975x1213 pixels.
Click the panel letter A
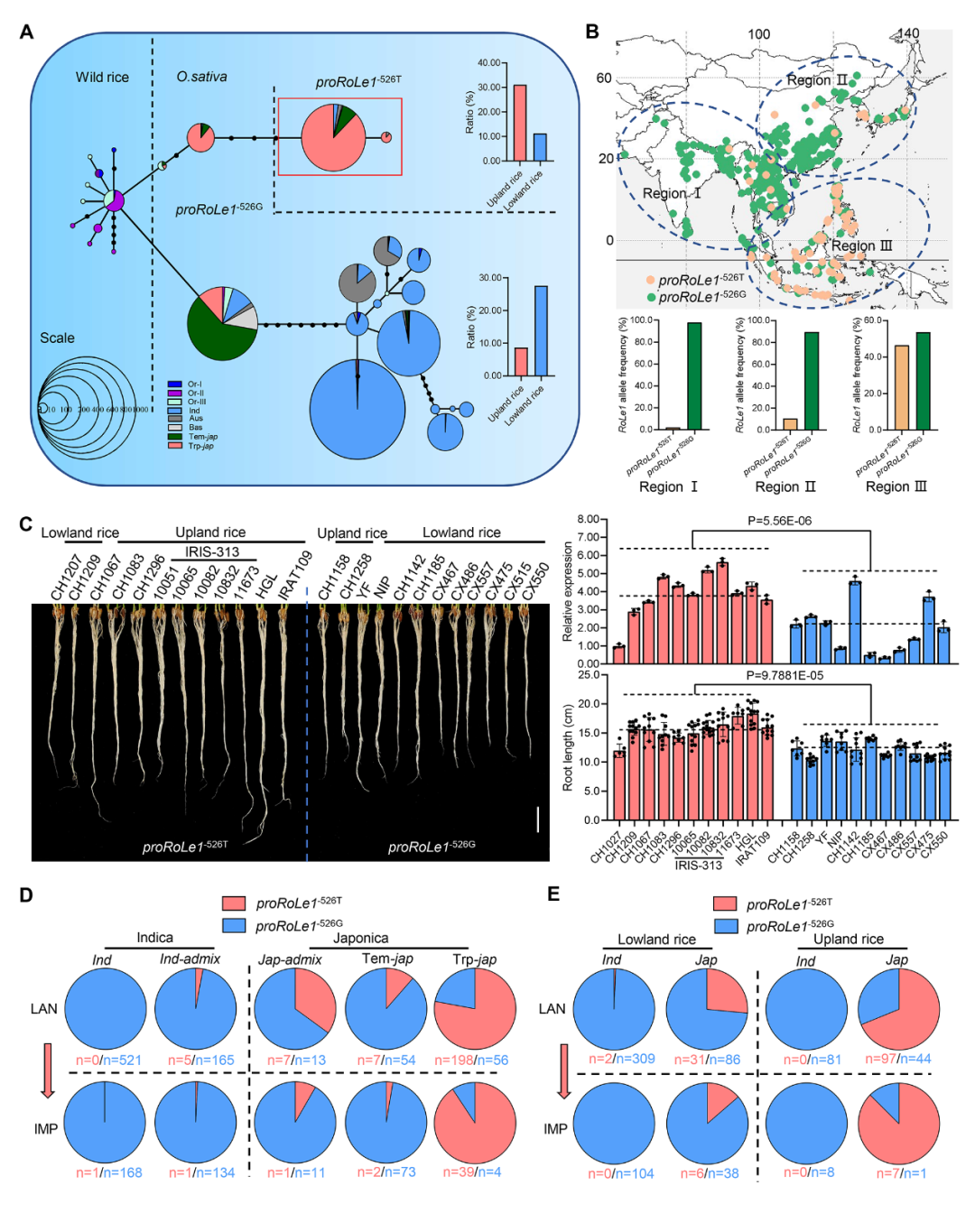pyautogui.click(x=26, y=32)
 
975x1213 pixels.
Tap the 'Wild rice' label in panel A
pyautogui.click(x=102, y=78)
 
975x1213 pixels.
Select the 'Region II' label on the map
pyautogui.click(x=816, y=80)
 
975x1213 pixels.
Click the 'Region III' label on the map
pyautogui.click(x=861, y=245)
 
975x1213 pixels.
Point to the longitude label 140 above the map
pyautogui.click(x=907, y=34)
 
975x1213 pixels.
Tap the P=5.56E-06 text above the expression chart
pyautogui.click(x=779, y=521)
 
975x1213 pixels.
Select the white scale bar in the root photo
pyautogui.click(x=538, y=819)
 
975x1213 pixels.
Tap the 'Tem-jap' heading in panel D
pyautogui.click(x=387, y=958)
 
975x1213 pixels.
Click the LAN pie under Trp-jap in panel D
pyautogui.click(x=475, y=1008)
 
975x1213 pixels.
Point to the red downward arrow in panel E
pyautogui.click(x=564, y=1070)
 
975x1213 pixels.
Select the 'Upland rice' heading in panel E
pyautogui.click(x=849, y=939)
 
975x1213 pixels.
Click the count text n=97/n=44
pyautogui.click(x=897, y=1059)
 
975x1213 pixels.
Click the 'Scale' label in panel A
pyautogui.click(x=57, y=338)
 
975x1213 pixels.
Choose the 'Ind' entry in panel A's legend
pyautogui.click(x=193, y=411)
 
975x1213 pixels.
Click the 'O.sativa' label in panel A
pyautogui.click(x=201, y=77)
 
